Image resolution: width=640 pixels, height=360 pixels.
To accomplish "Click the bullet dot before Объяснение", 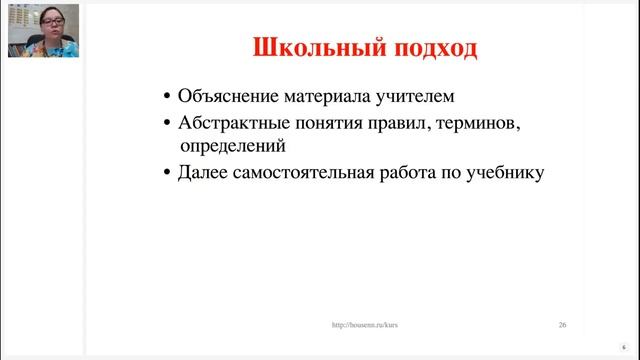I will tap(167, 98).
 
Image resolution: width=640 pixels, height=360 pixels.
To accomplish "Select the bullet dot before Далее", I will tap(167, 173).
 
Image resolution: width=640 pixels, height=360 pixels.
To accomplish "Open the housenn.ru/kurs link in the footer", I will tap(366, 325).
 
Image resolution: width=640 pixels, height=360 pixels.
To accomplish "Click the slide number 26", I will tap(563, 325).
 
